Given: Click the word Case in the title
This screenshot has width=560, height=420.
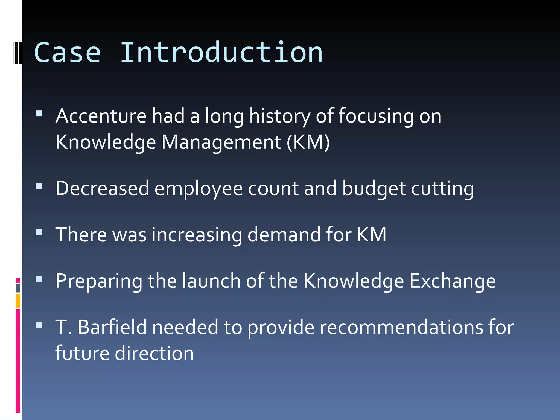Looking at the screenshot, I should [68, 52].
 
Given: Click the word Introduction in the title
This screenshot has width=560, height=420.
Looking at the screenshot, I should [221, 52].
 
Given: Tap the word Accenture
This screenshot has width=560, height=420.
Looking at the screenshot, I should [101, 116].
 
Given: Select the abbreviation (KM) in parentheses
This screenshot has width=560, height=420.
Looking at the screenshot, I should [308, 142].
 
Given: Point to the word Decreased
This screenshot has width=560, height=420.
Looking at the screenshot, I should [102, 188].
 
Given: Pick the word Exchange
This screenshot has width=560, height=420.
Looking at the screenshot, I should [452, 281].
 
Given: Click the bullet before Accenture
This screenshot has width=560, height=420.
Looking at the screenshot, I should [39, 113].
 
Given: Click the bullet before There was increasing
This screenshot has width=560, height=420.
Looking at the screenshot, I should [39, 232].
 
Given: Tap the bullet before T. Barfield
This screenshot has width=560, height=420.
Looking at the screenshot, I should [39, 325].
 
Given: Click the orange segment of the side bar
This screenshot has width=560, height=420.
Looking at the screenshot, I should [18, 301].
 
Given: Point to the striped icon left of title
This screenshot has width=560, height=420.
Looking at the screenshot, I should [17, 52].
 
